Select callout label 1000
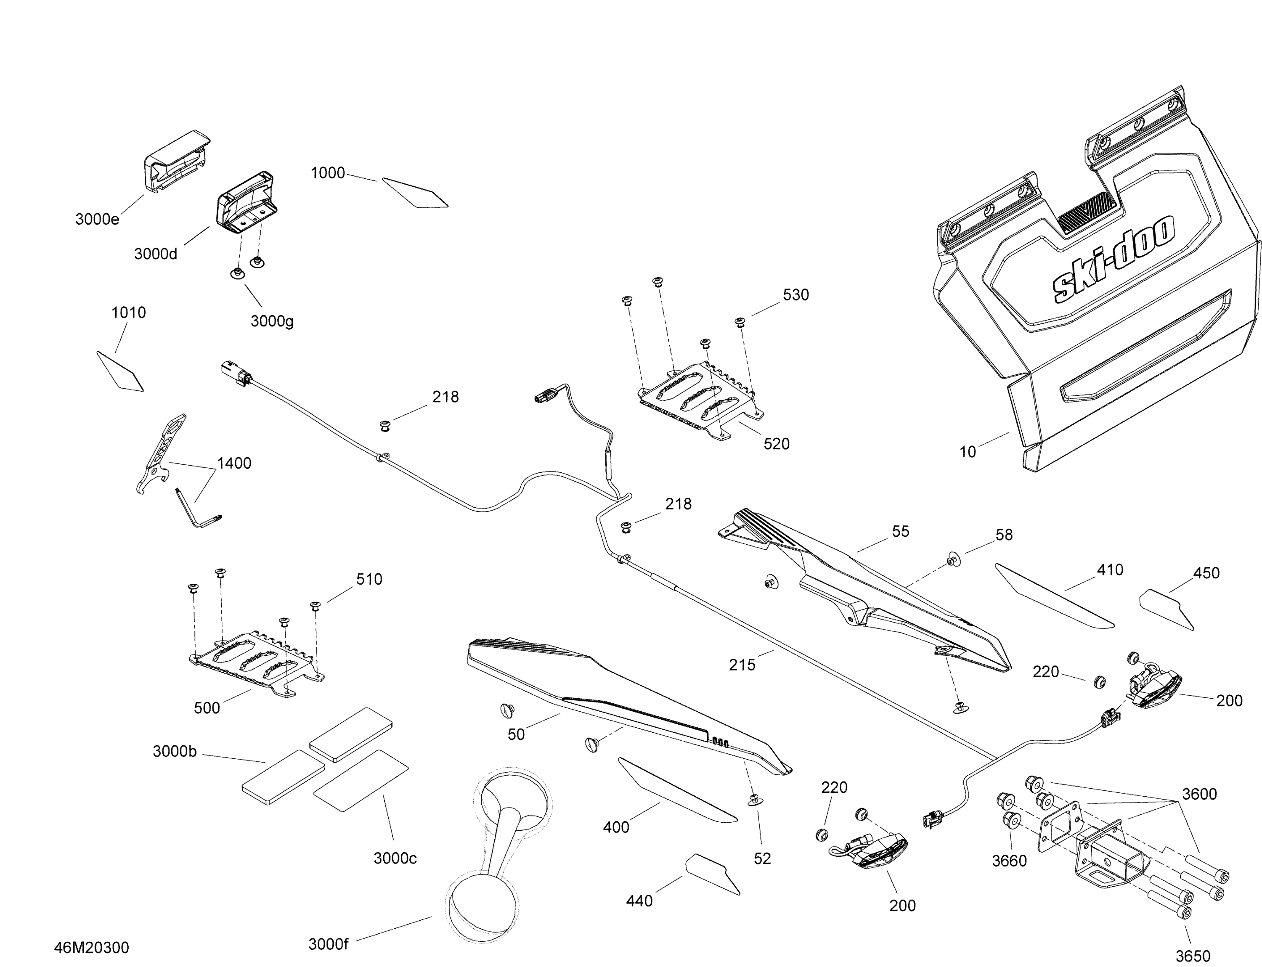tap(328, 173)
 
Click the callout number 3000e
tap(97, 219)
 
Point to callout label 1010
tap(128, 313)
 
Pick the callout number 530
tap(795, 295)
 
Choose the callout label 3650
tap(1192, 956)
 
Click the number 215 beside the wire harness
tap(742, 665)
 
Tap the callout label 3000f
tap(328, 944)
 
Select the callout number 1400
tap(234, 464)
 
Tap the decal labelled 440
tap(712, 873)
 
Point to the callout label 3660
tap(1009, 861)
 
